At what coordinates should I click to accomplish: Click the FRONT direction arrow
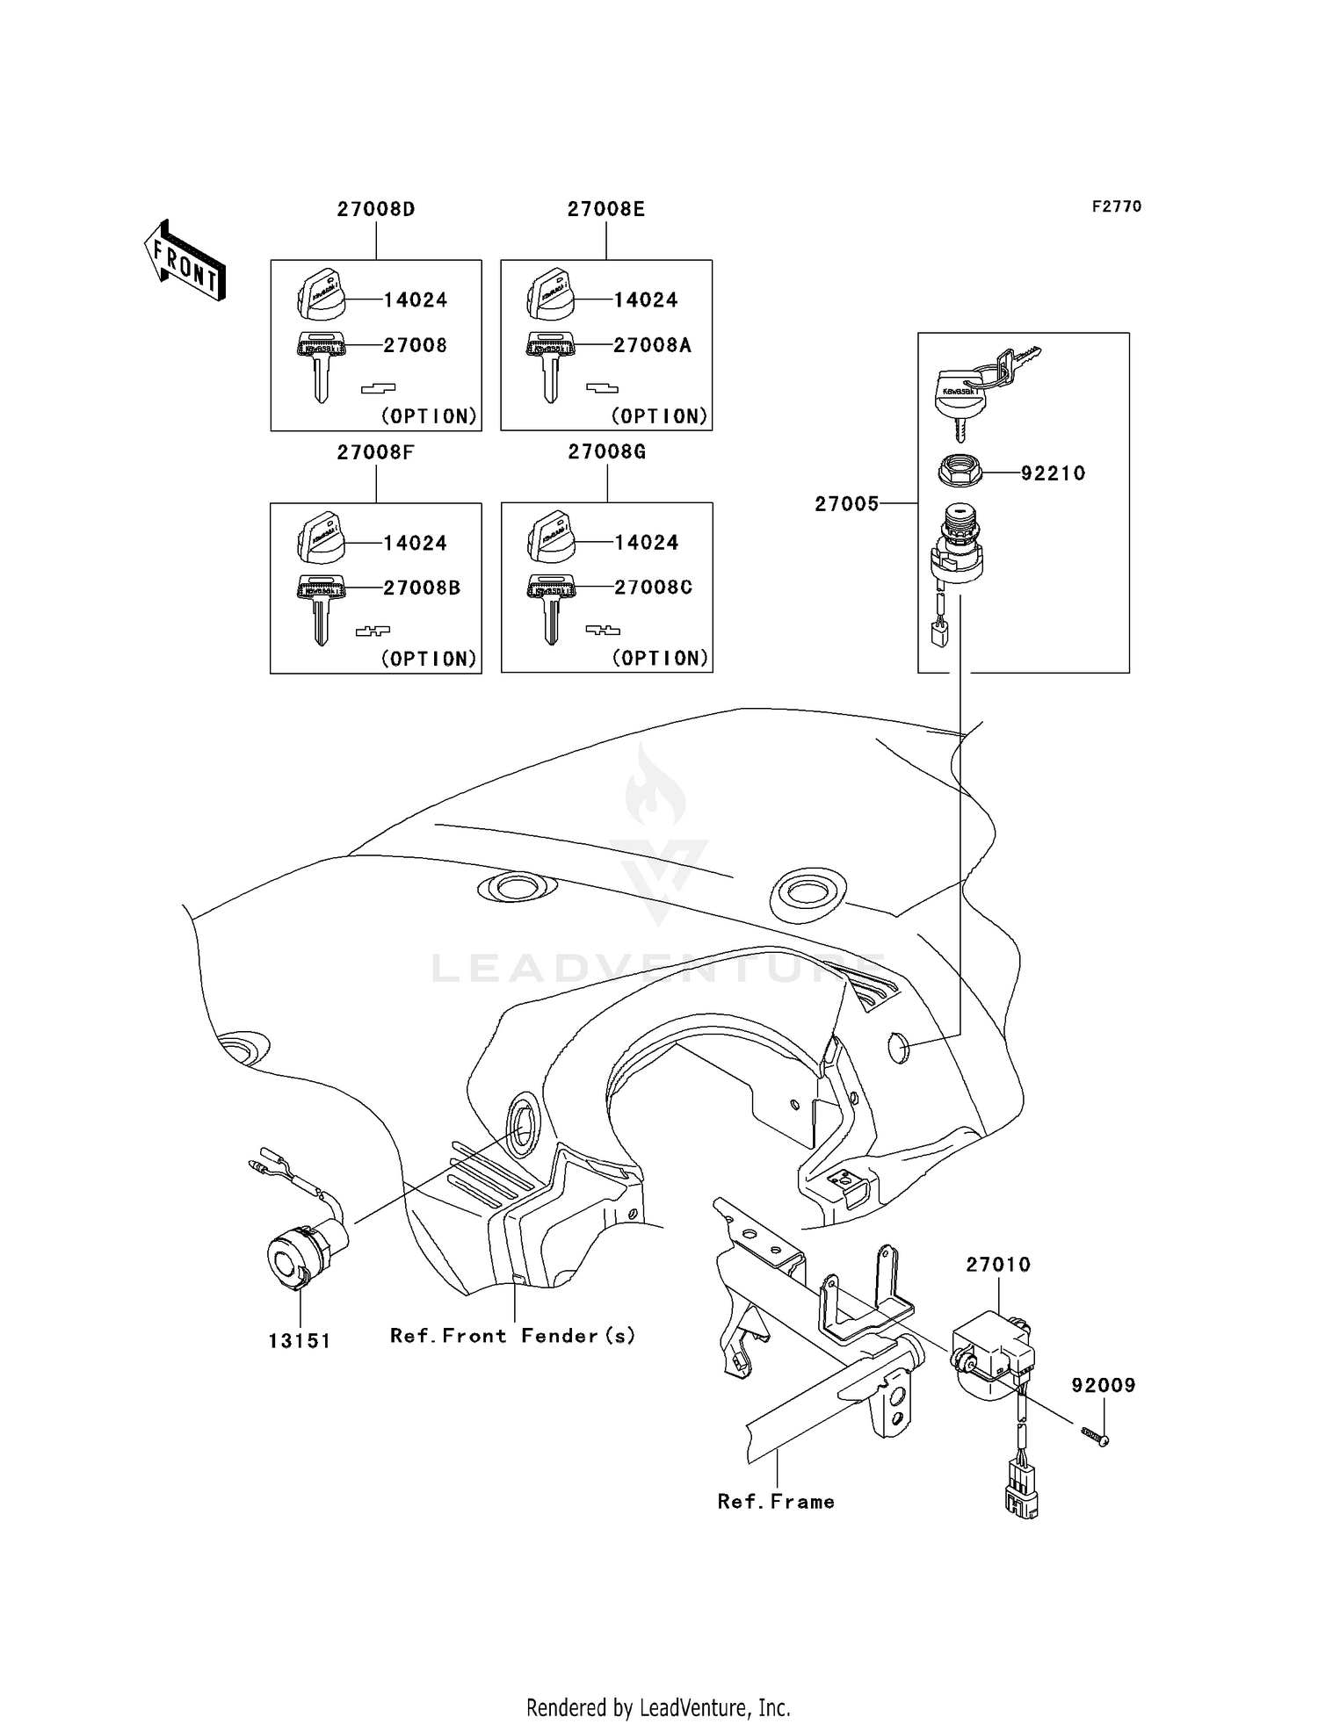tap(185, 260)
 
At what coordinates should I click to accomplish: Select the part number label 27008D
tap(376, 210)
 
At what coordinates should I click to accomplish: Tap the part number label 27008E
tap(606, 210)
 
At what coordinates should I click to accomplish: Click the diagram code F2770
tap(1117, 206)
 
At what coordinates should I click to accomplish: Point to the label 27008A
tap(652, 346)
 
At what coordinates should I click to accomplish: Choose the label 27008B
tap(422, 588)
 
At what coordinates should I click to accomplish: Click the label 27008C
tap(653, 588)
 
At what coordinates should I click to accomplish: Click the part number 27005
tap(846, 504)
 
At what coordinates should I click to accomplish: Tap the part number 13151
tap(300, 1341)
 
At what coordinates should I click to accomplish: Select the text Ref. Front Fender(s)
tap(512, 1336)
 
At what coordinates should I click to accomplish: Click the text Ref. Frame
tap(776, 1502)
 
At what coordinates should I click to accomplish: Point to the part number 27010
tap(998, 1265)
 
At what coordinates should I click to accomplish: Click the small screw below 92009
tap(1094, 1436)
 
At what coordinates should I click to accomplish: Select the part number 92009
tap(1104, 1385)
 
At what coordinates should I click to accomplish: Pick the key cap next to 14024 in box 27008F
tap(321, 540)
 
